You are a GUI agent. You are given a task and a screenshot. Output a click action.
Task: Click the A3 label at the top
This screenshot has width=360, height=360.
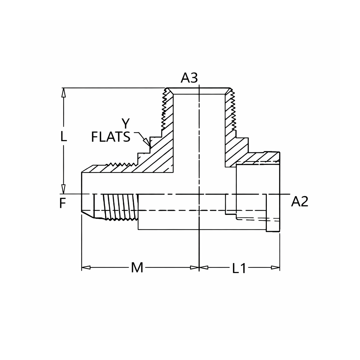point(189,78)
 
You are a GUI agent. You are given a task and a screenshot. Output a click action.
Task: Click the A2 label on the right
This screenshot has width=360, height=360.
point(300,202)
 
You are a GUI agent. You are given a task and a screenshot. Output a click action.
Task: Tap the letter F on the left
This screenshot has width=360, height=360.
point(63,203)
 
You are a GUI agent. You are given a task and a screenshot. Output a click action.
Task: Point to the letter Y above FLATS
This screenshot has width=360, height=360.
point(126,123)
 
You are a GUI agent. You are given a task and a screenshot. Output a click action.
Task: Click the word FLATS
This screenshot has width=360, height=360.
point(111,137)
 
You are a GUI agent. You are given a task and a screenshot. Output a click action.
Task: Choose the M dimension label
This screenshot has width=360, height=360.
point(137,267)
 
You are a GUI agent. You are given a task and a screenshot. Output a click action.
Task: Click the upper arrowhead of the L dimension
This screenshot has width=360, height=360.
point(63,93)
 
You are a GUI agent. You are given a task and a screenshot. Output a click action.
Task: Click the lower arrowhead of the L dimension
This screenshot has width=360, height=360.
point(63,189)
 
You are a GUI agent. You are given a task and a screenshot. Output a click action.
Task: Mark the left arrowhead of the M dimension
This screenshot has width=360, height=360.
point(86,267)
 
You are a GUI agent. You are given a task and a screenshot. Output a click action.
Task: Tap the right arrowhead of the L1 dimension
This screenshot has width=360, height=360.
point(275,267)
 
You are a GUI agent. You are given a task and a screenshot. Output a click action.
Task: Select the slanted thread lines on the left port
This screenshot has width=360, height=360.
point(120,207)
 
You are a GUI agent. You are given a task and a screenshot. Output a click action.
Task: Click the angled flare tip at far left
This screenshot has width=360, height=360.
point(88,214)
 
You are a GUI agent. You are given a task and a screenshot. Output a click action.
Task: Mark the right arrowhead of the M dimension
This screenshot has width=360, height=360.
point(195,267)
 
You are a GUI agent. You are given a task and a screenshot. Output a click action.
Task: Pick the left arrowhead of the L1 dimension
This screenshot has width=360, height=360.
point(204,267)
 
